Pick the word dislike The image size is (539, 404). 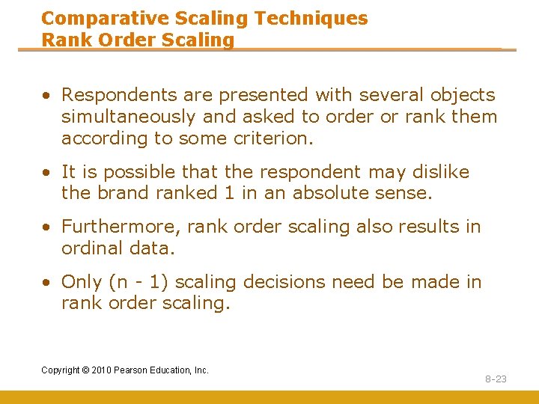(442, 172)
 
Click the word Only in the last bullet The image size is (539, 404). (81, 282)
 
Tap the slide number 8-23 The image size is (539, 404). (496, 379)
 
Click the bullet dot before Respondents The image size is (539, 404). (46, 96)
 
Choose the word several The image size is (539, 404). (392, 95)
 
